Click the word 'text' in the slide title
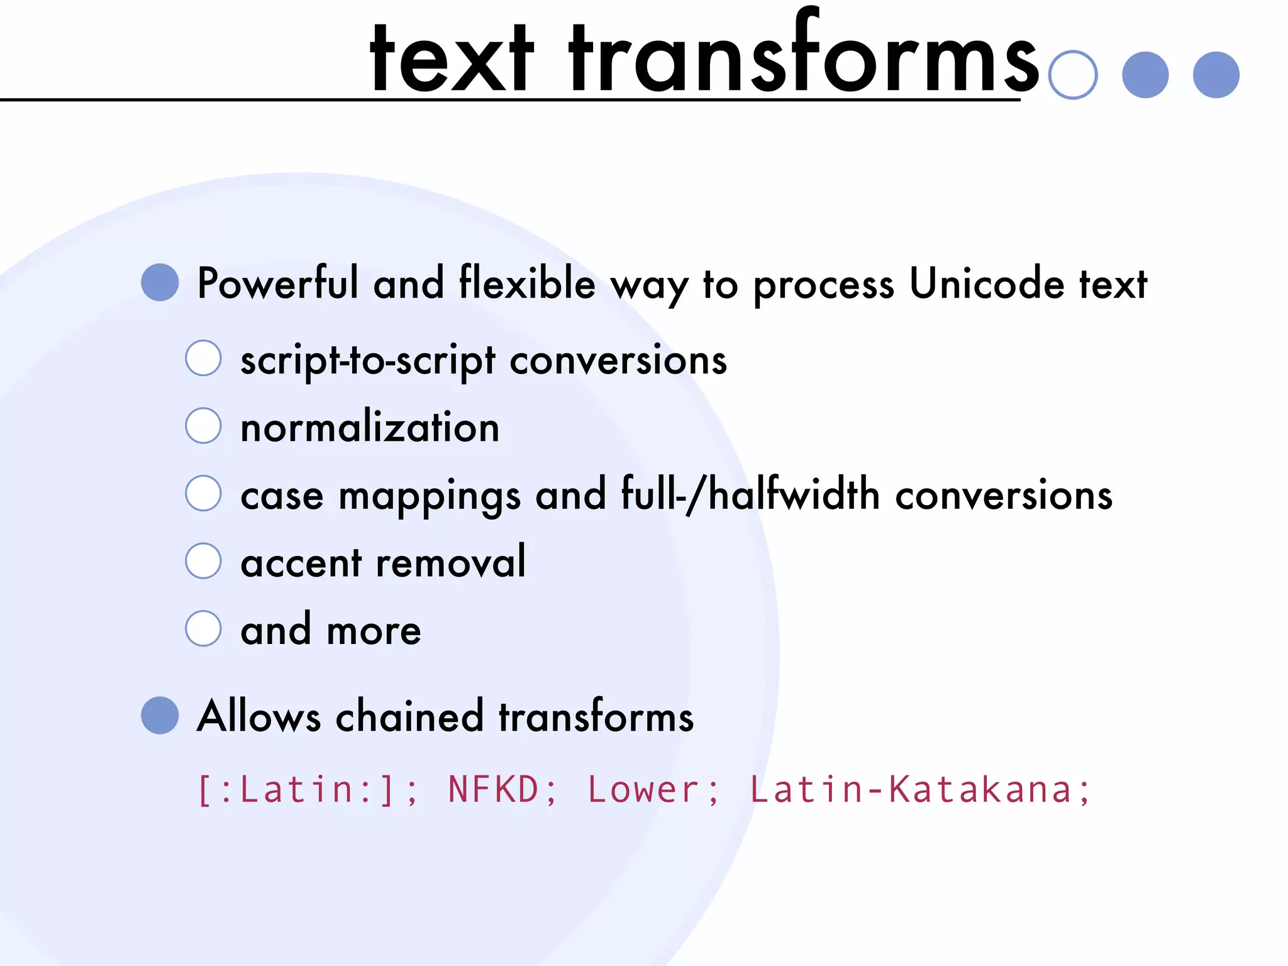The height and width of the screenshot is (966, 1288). pos(452,60)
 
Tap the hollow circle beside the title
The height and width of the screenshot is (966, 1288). pos(1073,75)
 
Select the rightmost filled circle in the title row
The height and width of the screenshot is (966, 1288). pos(1216,75)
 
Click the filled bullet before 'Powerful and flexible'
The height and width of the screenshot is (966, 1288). pos(160,282)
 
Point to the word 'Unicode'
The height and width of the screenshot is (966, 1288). pos(987,284)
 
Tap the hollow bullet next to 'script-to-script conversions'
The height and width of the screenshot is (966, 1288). pos(203,358)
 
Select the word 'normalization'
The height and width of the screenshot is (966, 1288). pos(370,427)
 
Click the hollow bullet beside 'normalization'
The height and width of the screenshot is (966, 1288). pos(203,425)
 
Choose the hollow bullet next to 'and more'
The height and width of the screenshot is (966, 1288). pos(203,628)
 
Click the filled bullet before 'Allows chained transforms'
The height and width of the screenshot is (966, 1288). pos(160,715)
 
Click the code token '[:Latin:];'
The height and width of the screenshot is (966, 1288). pos(308,790)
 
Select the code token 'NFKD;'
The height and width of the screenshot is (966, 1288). pos(502,790)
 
